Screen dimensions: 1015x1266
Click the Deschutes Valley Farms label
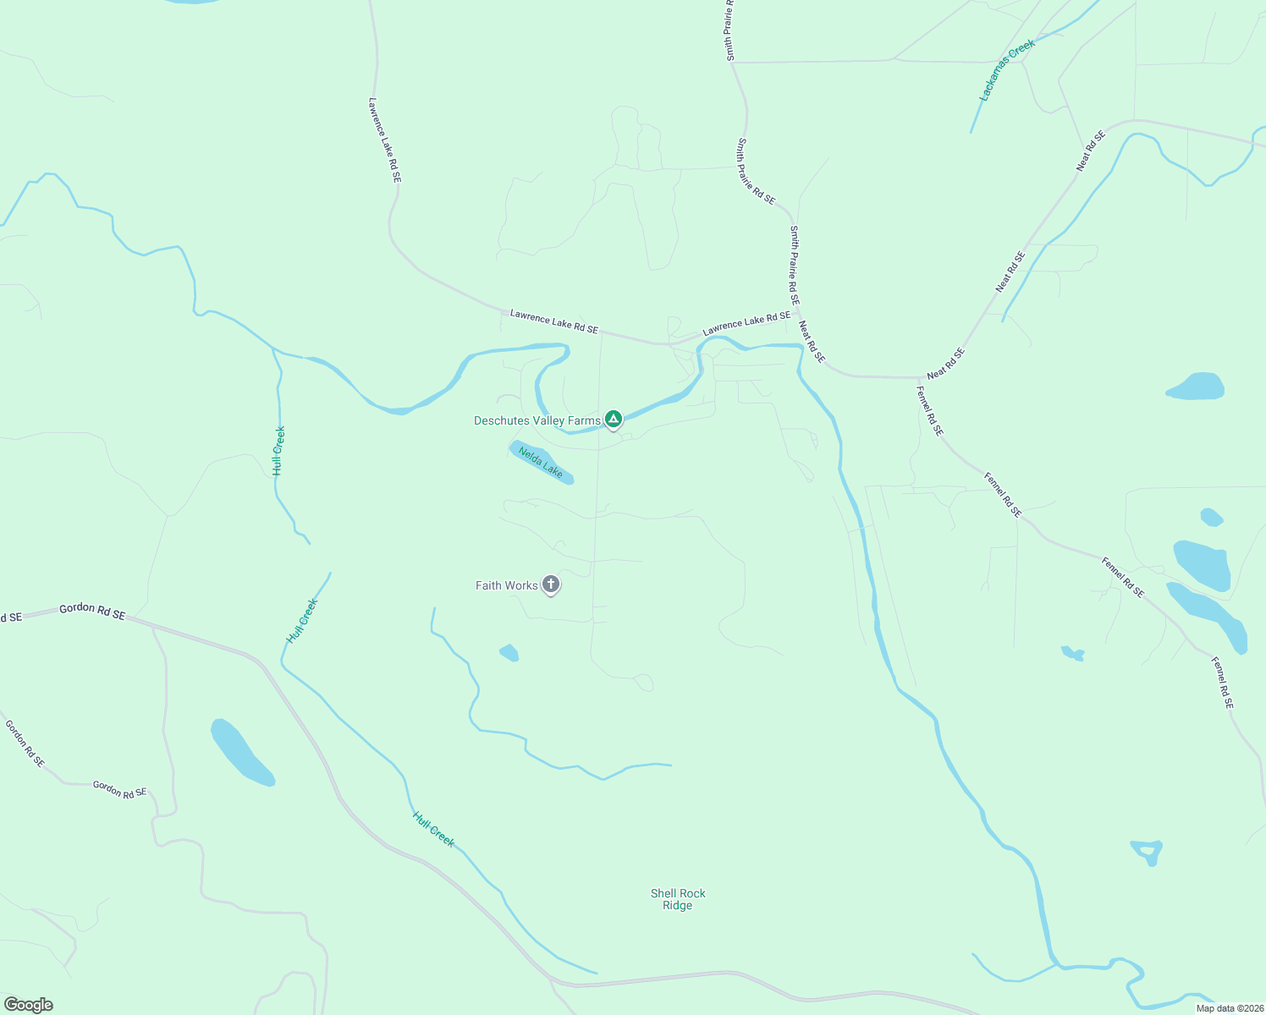coord(537,420)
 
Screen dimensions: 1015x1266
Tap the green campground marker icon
coord(614,419)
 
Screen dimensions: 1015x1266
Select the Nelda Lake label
coord(541,462)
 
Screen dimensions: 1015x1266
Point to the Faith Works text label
coord(506,585)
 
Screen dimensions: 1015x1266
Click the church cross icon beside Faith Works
coord(551,584)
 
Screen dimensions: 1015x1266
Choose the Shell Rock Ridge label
coord(678,899)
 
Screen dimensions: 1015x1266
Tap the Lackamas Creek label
coord(1007,70)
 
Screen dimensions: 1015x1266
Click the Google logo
coord(28,1005)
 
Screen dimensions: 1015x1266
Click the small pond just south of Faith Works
coord(509,653)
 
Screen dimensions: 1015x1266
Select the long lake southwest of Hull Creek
coord(240,752)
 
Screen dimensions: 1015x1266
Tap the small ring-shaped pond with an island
coord(1148,850)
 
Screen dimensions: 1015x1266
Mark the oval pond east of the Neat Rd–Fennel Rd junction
coord(1196,387)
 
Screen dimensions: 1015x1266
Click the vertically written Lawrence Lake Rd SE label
coord(384,140)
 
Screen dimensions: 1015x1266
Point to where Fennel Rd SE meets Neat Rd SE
coord(920,377)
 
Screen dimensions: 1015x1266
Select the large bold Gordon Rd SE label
coord(92,611)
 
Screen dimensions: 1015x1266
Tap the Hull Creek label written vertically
coord(278,450)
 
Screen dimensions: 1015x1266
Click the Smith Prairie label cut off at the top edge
coord(729,30)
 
